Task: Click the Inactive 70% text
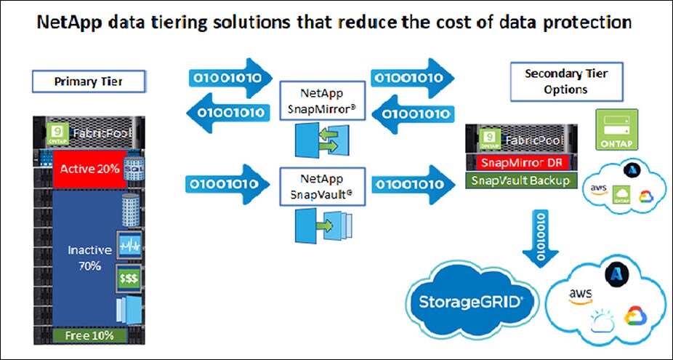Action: pos(89,257)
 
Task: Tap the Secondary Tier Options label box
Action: pos(565,81)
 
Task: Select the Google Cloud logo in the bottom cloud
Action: pos(634,316)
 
